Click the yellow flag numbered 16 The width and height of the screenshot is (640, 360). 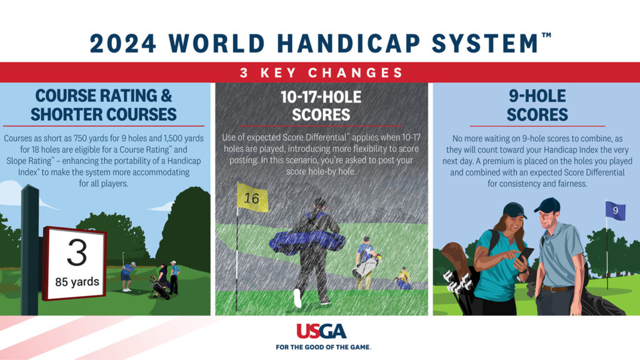252,197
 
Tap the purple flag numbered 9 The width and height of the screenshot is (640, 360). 615,211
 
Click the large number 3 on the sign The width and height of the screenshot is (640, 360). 77,252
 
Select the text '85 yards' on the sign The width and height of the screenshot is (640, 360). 77,282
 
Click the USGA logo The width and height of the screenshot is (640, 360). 322,331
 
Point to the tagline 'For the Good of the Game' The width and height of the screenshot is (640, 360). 323,347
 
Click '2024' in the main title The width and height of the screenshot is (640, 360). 123,43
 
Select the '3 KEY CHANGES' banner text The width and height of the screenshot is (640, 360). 322,72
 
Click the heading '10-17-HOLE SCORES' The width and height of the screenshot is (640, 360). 321,106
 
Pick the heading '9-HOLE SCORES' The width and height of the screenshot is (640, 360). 537,105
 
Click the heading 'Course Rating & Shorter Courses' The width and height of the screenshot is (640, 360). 104,105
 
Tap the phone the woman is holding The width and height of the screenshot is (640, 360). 526,254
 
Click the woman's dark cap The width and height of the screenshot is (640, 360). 514,210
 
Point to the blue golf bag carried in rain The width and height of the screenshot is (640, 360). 307,242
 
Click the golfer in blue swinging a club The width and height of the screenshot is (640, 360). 127,276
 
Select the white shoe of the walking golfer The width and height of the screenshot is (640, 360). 297,298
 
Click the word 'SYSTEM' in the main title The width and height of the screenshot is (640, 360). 485,43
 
